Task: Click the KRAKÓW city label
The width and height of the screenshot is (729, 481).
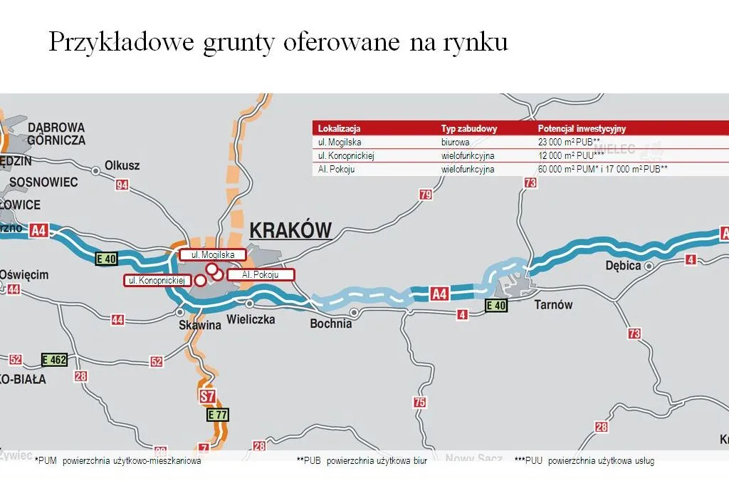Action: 290,230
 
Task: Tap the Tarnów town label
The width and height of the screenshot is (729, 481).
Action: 553,305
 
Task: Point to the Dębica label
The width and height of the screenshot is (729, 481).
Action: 622,266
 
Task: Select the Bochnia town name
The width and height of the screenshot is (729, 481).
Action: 331,324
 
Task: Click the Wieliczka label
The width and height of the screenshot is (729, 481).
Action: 251,320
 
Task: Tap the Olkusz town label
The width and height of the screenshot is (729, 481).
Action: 122,165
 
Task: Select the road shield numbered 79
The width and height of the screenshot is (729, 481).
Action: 426,195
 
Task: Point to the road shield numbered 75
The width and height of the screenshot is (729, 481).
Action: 420,403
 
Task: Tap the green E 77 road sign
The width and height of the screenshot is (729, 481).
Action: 219,414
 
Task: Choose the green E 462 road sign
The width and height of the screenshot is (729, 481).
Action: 54,360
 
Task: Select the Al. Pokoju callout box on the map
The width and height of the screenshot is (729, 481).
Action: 259,274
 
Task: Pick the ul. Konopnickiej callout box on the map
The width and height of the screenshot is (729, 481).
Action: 157,281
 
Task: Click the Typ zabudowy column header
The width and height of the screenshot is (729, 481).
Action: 468,129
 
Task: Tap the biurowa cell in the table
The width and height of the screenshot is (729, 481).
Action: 456,143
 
